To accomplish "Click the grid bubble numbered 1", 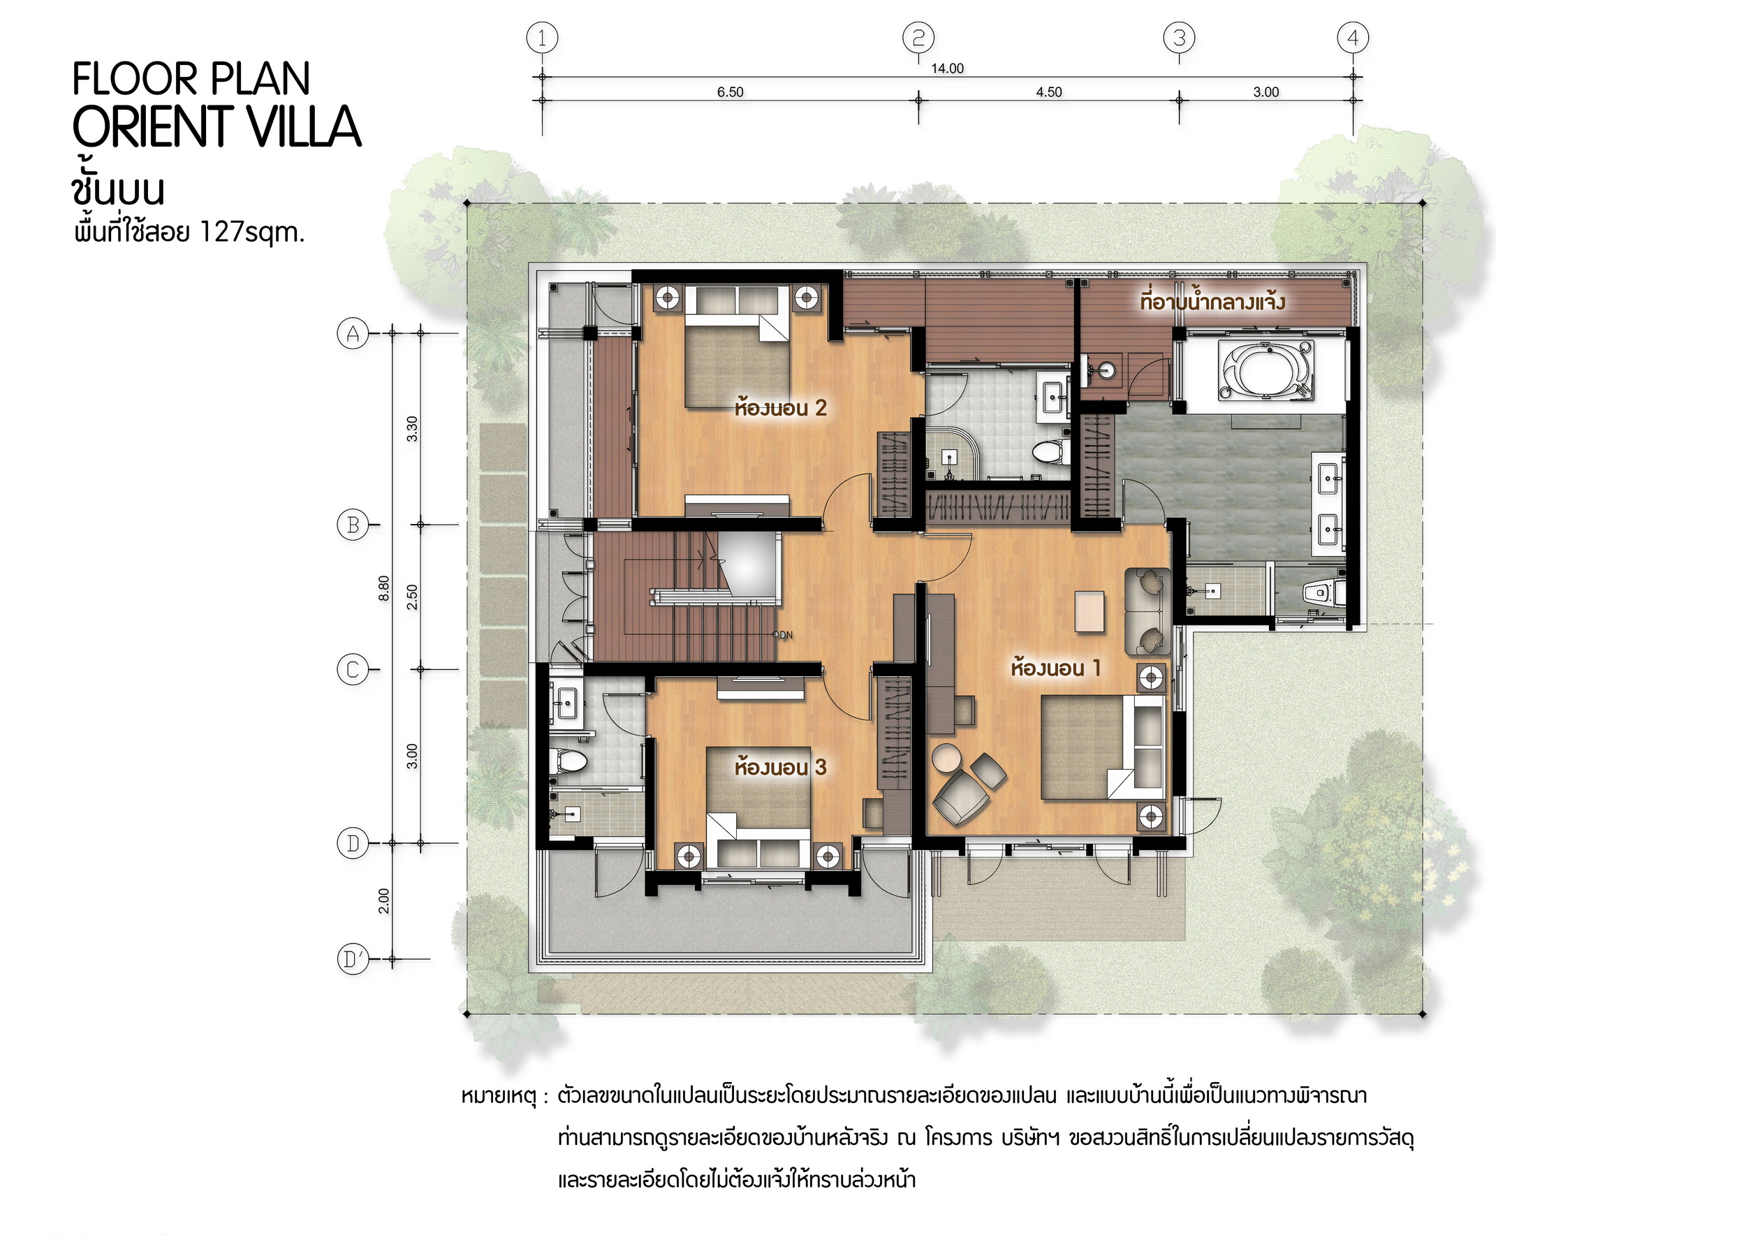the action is click(542, 37).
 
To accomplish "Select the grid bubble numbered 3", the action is click(1180, 37).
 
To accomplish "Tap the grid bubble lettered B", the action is click(353, 525).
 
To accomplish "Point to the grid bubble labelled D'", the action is click(353, 959).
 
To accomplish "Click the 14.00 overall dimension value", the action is click(948, 68).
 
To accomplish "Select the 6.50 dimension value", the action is click(730, 92).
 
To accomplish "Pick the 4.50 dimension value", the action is click(1049, 92).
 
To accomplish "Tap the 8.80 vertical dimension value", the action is click(384, 588).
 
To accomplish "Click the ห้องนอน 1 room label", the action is click(1055, 668).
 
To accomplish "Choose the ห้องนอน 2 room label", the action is click(780, 408).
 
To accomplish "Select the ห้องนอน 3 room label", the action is click(780, 766).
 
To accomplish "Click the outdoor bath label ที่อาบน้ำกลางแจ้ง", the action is click(1212, 301).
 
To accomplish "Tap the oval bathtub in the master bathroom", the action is click(1266, 370).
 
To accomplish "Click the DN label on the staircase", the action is click(786, 635).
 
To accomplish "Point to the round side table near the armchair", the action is click(948, 758).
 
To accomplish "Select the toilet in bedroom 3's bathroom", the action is click(567, 761).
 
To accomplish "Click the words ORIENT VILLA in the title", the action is click(216, 126).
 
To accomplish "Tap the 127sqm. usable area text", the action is click(251, 232).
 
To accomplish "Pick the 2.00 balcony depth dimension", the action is click(384, 900).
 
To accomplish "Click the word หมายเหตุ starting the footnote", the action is click(499, 1097).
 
